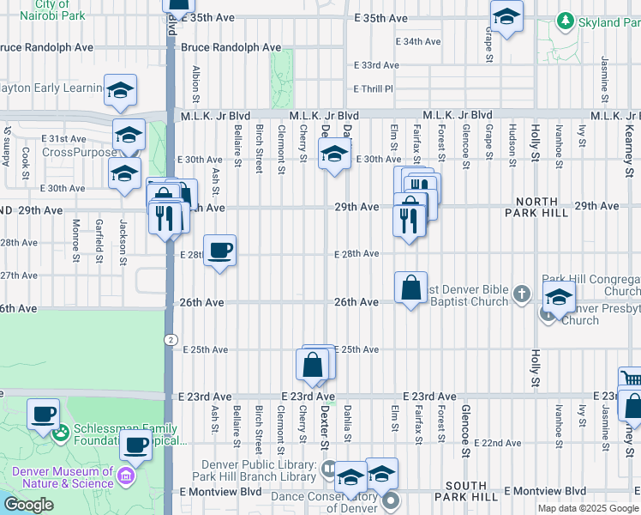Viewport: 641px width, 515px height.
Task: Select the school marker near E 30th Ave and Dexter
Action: [x=334, y=154]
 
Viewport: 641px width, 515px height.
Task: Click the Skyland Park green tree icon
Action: [x=565, y=21]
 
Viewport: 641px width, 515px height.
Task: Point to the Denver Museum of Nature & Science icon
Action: [x=127, y=476]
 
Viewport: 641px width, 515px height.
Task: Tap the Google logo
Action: [x=28, y=505]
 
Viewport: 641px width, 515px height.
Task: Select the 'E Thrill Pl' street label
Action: [x=373, y=88]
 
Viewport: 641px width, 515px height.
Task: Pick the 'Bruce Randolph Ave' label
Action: [x=231, y=48]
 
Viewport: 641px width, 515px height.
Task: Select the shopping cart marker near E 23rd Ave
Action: [x=631, y=379]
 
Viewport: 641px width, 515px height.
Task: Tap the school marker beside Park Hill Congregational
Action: [x=559, y=298]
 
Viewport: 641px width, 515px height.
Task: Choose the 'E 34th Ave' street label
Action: [x=418, y=41]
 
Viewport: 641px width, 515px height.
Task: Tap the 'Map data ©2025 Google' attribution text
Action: [x=588, y=508]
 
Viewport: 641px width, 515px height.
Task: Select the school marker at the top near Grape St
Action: [x=506, y=16]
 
